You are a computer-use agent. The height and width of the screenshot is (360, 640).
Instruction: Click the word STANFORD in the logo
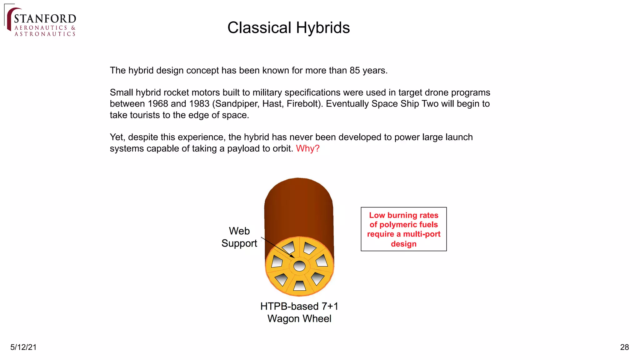[x=45, y=18]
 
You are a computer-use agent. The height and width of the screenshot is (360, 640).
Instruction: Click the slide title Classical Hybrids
[x=288, y=28]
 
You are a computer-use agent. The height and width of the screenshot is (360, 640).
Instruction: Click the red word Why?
[x=307, y=148]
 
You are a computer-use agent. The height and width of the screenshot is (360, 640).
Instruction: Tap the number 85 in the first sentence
[x=355, y=71]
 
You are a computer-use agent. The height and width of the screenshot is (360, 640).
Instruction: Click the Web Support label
[x=239, y=237]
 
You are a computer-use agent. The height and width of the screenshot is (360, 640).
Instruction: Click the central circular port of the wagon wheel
[x=299, y=266]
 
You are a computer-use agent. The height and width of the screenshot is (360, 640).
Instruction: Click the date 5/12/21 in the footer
[x=23, y=347]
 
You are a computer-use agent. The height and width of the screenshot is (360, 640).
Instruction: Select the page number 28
[x=624, y=347]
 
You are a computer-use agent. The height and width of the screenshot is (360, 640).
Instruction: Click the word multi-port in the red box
[x=422, y=234]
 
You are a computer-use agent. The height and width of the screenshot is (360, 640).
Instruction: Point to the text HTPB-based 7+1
[x=299, y=306]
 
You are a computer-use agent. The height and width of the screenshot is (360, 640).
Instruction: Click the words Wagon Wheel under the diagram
[x=299, y=319]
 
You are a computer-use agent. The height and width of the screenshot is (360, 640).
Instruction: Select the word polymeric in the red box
[x=397, y=225]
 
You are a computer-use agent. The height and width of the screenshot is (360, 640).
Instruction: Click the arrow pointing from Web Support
[x=278, y=248]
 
